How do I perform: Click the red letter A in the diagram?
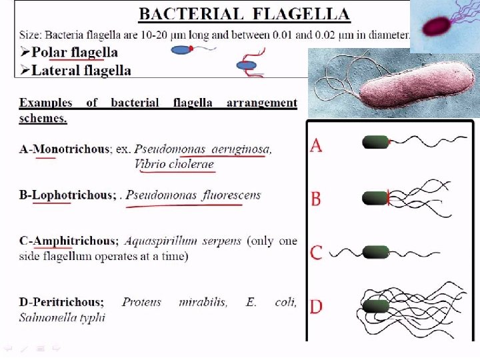[316, 144]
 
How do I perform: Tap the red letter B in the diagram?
[316, 199]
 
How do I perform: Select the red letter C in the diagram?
[316, 253]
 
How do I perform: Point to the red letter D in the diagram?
[316, 307]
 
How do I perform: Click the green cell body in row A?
[375, 141]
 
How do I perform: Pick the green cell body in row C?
[375, 252]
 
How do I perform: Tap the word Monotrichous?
[71, 149]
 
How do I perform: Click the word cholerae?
[192, 164]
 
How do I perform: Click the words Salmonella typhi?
[62, 317]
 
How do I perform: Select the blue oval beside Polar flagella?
[181, 49]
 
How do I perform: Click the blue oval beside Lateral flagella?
[247, 65]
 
